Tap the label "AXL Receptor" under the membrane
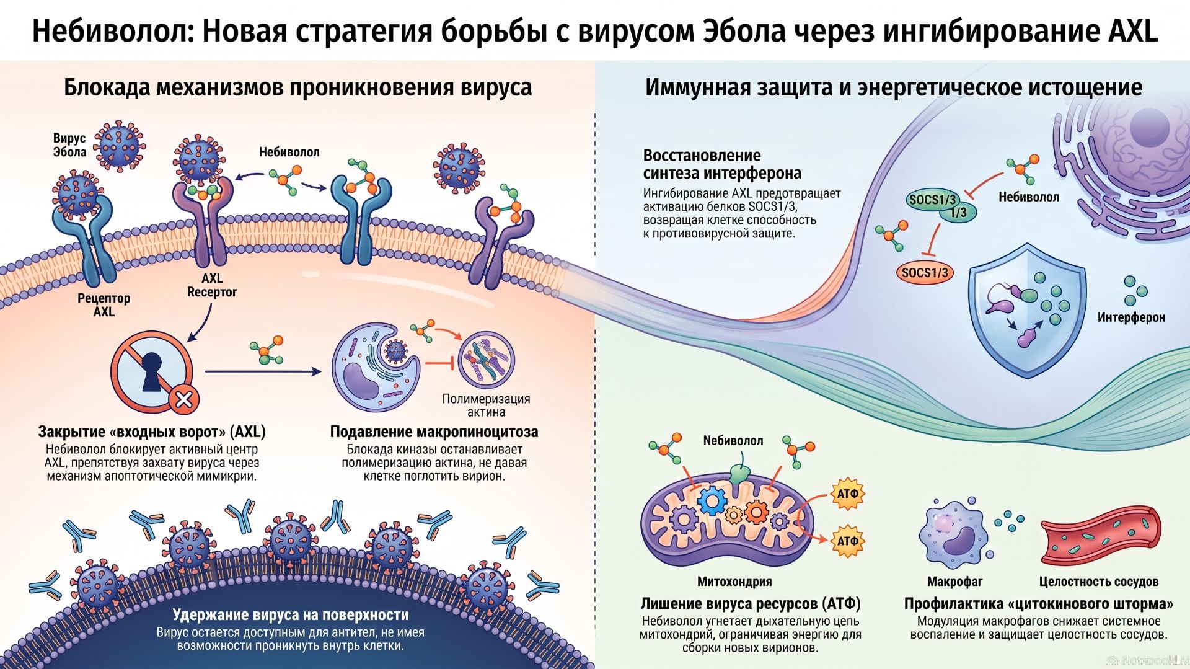pos(212,285)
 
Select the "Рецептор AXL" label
pos(104,304)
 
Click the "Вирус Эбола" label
pos(69,145)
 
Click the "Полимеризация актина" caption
pos(486,405)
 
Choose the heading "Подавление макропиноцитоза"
pos(434,432)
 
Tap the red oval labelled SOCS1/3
pos(924,272)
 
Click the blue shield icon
pos(1027,310)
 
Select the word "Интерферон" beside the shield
pos(1131,317)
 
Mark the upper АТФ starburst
pos(847,494)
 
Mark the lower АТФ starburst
pos(847,541)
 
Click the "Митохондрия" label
pos(734,582)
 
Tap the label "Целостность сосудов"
pos(1099,582)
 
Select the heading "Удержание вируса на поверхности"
pos(291,614)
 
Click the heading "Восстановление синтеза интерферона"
pos(722,164)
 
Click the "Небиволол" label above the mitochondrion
pos(733,441)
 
